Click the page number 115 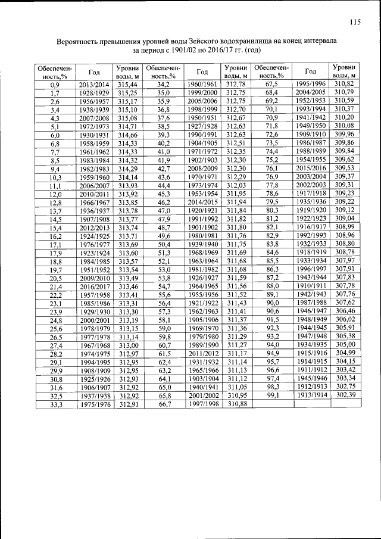[355, 23]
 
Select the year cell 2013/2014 [94, 85]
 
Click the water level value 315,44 [128, 85]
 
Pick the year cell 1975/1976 [94, 403]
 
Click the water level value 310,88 [236, 403]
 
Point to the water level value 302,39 [345, 394]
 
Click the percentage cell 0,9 [55, 85]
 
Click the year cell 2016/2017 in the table [94, 286]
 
